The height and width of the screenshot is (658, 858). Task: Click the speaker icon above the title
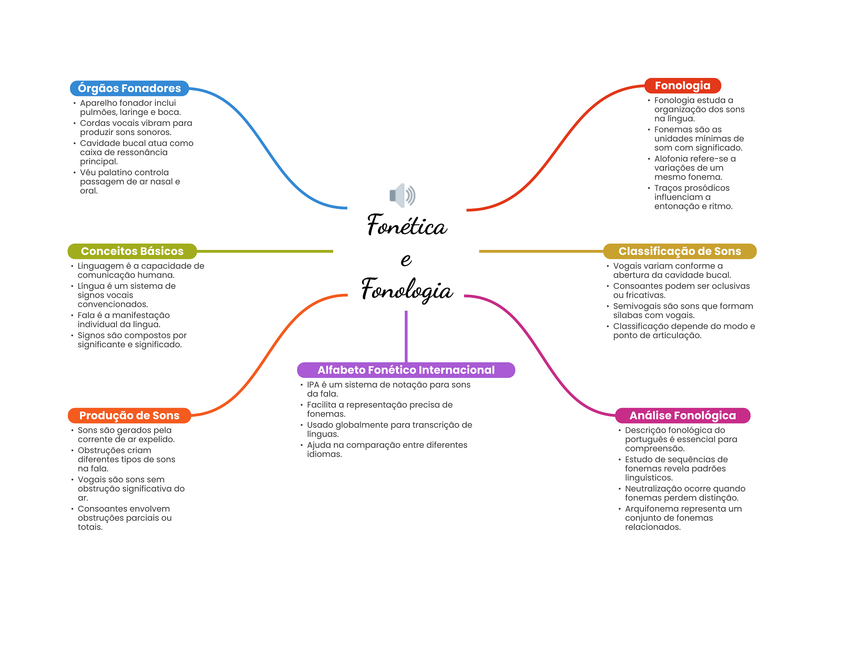click(x=402, y=195)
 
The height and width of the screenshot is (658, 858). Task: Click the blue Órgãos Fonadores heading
click(x=129, y=88)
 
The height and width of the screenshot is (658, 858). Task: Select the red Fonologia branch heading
click(x=682, y=86)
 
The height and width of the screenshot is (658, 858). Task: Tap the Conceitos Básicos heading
click(x=132, y=251)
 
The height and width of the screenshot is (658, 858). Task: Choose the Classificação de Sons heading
click(x=680, y=251)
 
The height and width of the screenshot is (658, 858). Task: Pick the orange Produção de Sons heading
click(x=129, y=416)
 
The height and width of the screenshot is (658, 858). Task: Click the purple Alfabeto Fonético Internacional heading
click(x=406, y=370)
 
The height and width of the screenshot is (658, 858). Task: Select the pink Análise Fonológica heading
click(x=682, y=416)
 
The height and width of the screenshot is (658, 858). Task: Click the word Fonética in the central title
click(x=407, y=226)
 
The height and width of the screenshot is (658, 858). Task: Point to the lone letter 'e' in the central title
click(x=406, y=260)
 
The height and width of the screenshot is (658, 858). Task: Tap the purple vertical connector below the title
click(x=406, y=336)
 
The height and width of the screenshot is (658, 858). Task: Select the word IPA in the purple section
click(x=313, y=385)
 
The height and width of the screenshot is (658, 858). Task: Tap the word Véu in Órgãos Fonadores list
click(x=88, y=172)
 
